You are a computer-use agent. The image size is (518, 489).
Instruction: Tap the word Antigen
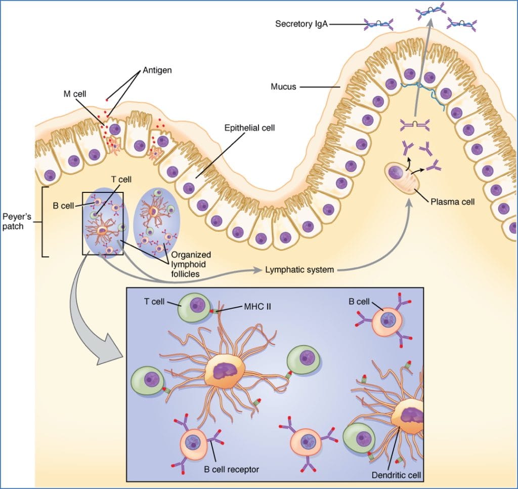[x=157, y=70]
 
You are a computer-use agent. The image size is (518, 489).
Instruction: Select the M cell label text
[x=74, y=94]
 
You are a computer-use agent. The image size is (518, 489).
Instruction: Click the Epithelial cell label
[x=249, y=128]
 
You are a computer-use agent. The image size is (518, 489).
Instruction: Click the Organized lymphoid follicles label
[x=191, y=264]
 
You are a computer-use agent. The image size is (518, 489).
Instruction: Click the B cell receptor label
[x=231, y=469]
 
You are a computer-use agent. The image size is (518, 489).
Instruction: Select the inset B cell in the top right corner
[x=388, y=320]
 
